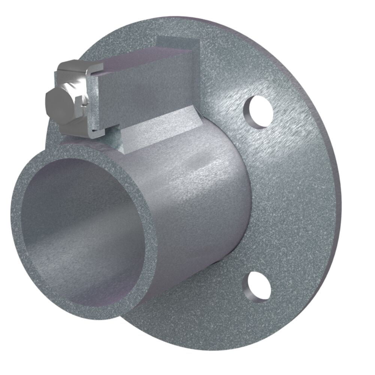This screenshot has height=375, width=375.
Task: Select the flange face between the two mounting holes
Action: tap(292, 199)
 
